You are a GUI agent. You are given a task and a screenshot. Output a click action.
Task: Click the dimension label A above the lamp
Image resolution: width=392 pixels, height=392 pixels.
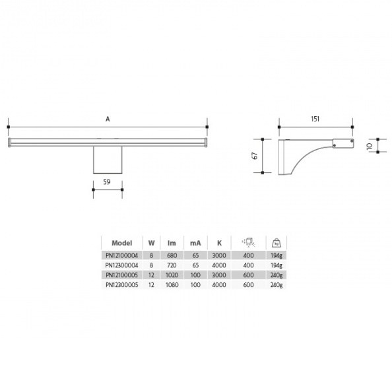tap(108, 119)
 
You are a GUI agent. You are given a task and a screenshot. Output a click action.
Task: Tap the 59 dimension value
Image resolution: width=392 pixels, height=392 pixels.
tap(107, 182)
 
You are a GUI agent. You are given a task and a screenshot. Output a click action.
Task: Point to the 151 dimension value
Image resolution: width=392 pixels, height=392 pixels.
tap(315, 119)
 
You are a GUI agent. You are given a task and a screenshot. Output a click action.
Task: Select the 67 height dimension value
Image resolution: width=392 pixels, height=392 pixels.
tap(255, 156)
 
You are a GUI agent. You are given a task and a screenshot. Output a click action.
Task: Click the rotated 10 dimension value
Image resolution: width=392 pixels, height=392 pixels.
tap(370, 146)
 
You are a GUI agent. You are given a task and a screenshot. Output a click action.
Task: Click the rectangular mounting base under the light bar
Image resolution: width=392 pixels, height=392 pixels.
tap(108, 160)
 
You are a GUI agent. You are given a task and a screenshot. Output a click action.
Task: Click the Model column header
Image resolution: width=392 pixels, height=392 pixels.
tap(121, 243)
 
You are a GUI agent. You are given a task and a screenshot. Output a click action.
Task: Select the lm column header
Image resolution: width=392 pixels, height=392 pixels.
tap(172, 243)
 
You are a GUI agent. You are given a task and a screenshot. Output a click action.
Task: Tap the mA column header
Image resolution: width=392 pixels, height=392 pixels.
tap(195, 243)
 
